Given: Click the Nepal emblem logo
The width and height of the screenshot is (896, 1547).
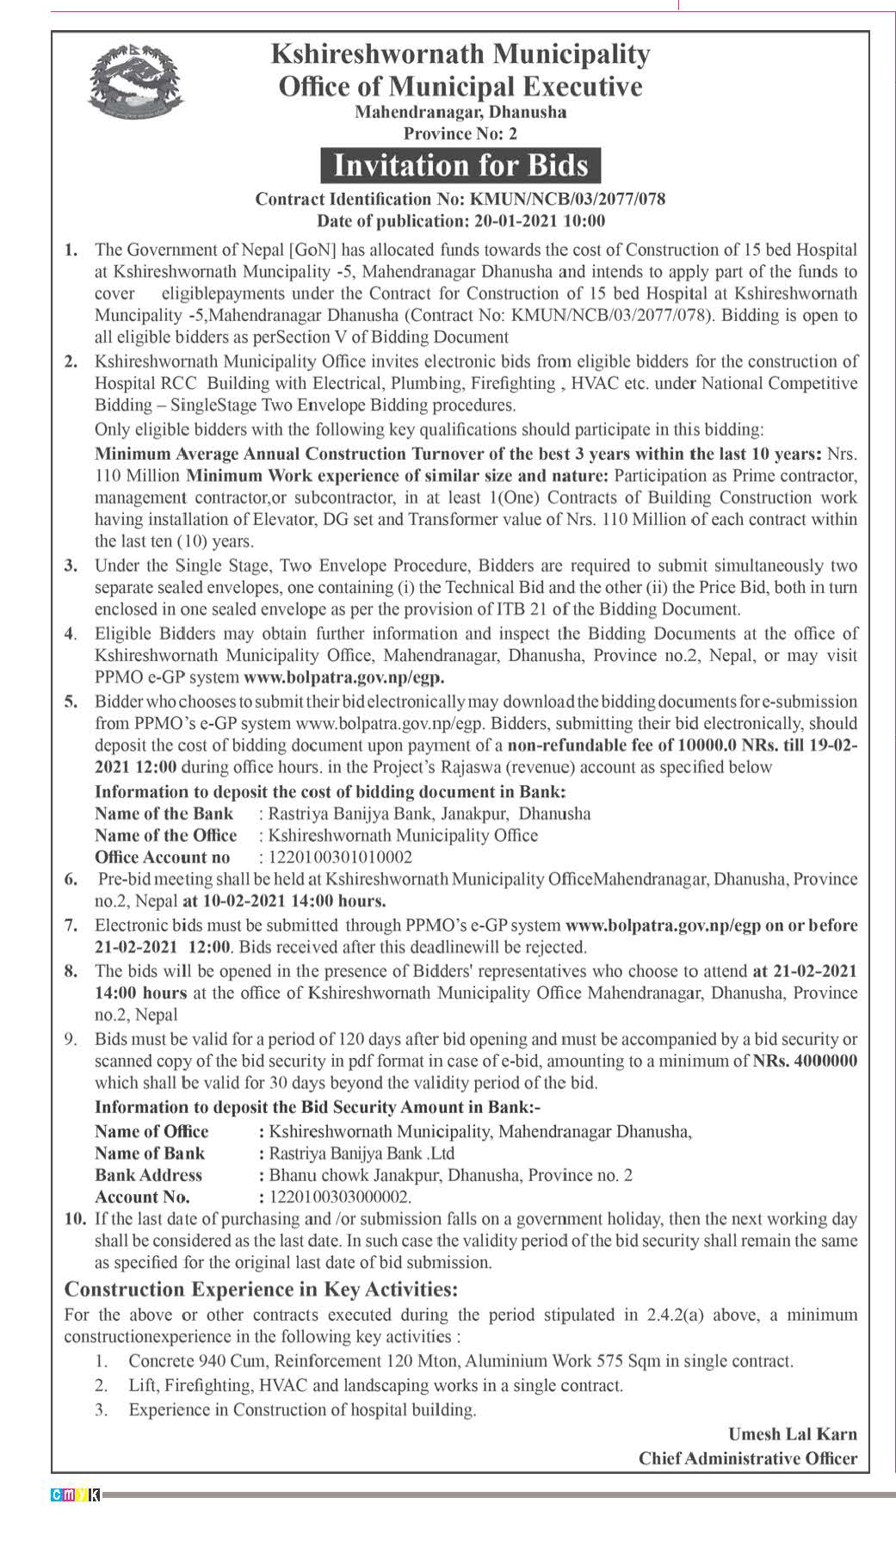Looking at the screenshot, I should (135, 81).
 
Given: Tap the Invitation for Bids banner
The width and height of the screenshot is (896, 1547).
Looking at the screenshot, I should (460, 165).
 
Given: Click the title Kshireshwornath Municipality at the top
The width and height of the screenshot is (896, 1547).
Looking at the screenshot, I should (460, 54).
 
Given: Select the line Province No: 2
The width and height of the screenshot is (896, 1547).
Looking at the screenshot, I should (460, 133).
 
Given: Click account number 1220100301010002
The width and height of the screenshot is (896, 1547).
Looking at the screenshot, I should (341, 857).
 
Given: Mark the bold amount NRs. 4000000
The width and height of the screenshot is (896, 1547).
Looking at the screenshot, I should (805, 1061).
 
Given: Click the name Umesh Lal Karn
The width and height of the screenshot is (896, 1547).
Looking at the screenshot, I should (792, 1434).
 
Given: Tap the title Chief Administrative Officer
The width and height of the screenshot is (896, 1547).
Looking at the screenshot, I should (747, 1458).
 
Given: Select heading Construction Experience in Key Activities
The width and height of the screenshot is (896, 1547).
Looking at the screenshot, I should (261, 1289).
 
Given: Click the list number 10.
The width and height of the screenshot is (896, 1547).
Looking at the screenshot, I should (75, 1219).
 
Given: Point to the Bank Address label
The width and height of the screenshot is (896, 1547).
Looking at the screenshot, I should (149, 1175).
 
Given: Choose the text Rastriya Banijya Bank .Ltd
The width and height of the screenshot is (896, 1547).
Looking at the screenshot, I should (361, 1154).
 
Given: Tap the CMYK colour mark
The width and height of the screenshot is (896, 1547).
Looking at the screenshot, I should (76, 1494).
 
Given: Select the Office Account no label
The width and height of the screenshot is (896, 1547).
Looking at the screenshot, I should (163, 857).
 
